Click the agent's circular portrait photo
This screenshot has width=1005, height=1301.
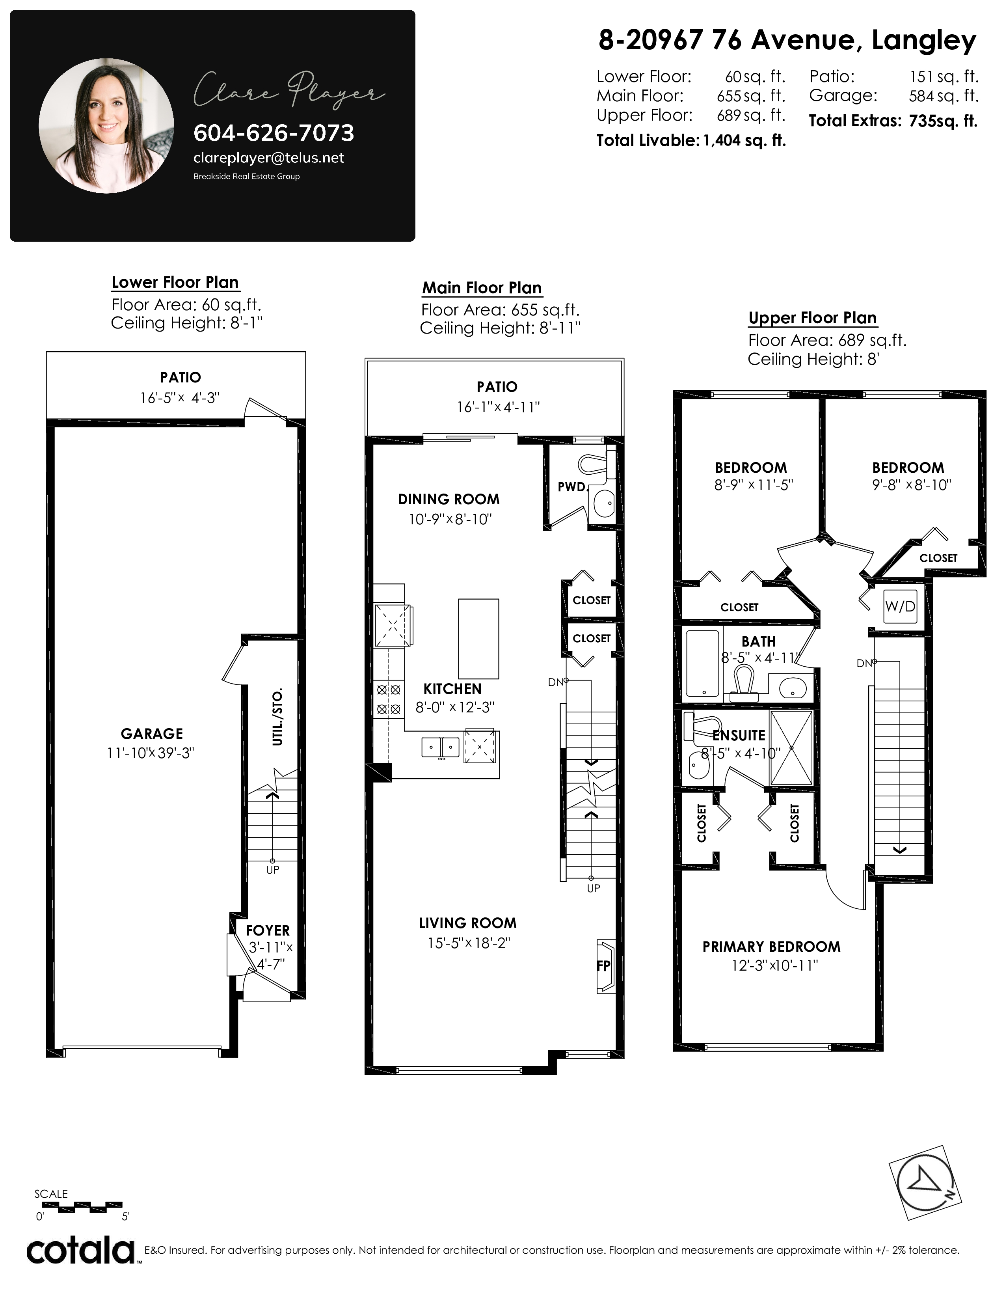pyautogui.click(x=106, y=126)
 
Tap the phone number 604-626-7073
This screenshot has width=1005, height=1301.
pyautogui.click(x=274, y=133)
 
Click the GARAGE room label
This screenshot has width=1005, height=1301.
pyautogui.click(x=152, y=734)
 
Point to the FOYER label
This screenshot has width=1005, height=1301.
pyautogui.click(x=268, y=930)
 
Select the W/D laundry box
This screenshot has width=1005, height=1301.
pyautogui.click(x=900, y=606)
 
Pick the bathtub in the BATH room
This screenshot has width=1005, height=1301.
pyautogui.click(x=703, y=664)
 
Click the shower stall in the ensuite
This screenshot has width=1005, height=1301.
pyautogui.click(x=791, y=747)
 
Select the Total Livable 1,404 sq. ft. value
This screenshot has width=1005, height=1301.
pyautogui.click(x=744, y=141)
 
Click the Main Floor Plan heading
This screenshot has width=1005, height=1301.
pyautogui.click(x=482, y=288)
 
